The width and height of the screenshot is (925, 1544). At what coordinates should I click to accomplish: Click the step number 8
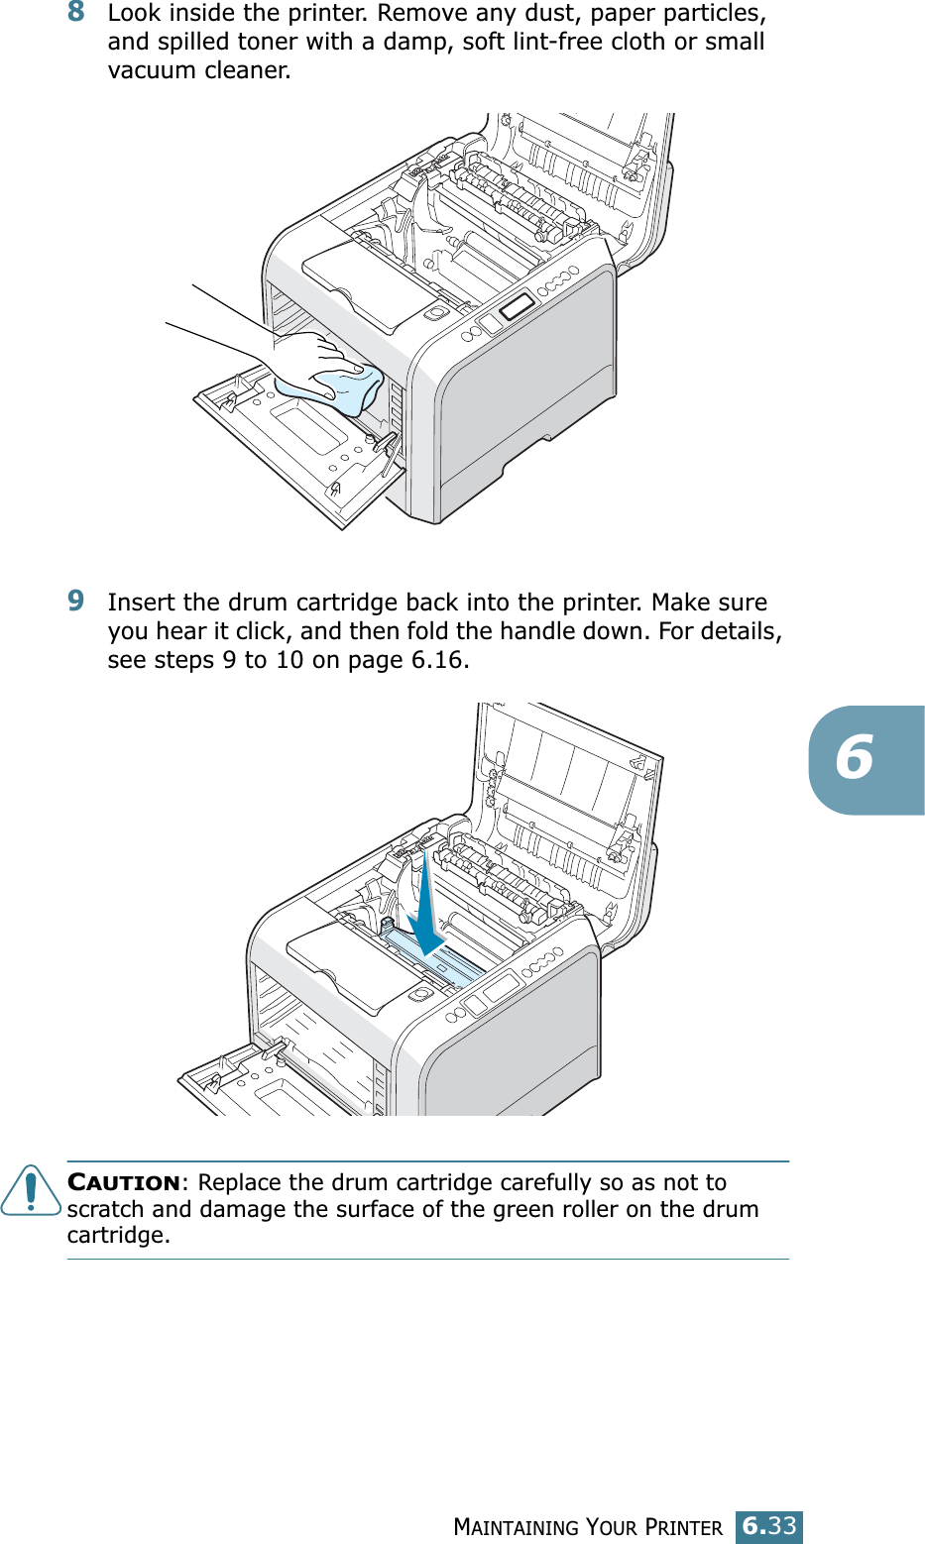(x=76, y=13)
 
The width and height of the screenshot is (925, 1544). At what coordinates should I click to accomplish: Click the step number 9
(x=76, y=601)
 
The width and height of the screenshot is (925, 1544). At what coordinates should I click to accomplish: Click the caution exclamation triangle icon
(x=31, y=1191)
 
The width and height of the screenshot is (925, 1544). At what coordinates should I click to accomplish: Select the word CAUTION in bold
(x=124, y=1183)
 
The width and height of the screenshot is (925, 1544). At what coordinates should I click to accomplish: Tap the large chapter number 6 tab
(x=856, y=759)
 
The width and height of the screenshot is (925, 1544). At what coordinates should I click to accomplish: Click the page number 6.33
(x=768, y=1526)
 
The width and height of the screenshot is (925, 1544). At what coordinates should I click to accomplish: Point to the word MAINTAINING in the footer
(x=516, y=1528)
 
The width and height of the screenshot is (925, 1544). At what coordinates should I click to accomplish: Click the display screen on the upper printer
(x=517, y=305)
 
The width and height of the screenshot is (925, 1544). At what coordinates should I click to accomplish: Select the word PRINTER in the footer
(x=684, y=1528)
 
